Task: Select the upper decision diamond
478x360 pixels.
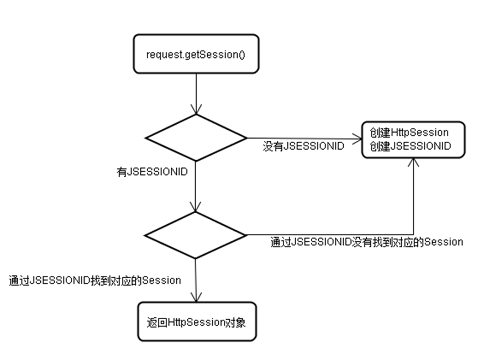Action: pos(195,138)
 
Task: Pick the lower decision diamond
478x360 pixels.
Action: pos(195,235)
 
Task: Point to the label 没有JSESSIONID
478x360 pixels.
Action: pos(303,147)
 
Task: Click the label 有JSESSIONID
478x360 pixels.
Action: pos(152,172)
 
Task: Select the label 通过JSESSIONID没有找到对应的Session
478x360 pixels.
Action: pos(366,242)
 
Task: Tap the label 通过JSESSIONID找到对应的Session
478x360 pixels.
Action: pos(95,280)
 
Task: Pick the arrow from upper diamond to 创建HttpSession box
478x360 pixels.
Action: pos(301,138)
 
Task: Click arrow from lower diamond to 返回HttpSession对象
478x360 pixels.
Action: pos(196,279)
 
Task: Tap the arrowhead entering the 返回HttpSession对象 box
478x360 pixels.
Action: pos(196,298)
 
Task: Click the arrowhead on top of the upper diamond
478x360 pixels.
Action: pos(196,110)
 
